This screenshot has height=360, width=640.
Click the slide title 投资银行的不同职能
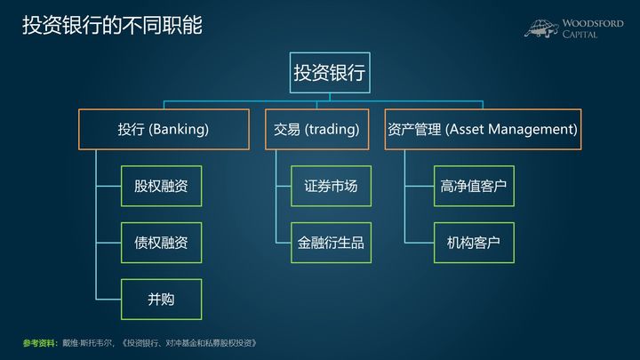coord(112,25)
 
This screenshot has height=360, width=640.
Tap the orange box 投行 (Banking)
coord(164,129)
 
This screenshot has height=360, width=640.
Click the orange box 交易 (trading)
coord(316,129)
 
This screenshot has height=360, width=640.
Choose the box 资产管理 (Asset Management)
coord(483,129)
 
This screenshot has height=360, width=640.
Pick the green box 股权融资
coord(161,186)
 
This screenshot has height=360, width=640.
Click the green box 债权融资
coord(161,242)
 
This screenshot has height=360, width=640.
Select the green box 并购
coord(161,299)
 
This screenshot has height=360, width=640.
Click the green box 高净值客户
coord(474,186)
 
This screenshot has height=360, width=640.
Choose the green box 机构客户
coord(474,242)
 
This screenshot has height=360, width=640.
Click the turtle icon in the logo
coord(541,28)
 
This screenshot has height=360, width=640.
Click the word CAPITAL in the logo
coord(580,35)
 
